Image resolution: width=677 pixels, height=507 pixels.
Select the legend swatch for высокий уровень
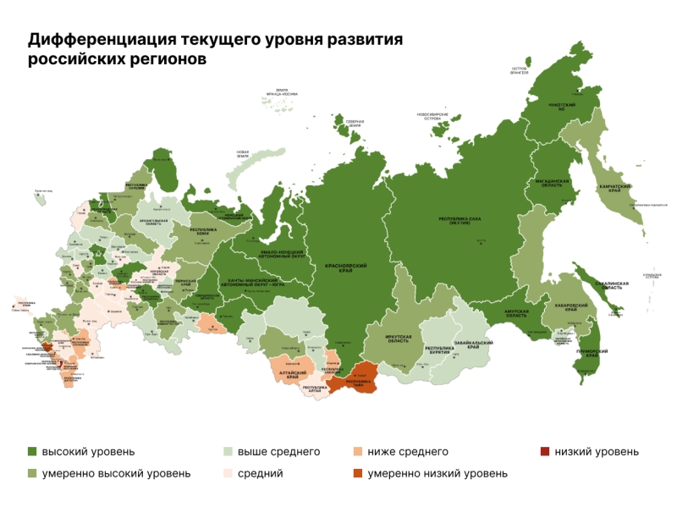pyautogui.click(x=33, y=452)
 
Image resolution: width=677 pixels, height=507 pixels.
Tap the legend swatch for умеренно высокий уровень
pyautogui.click(x=33, y=473)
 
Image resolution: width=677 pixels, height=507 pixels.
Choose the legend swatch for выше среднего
pyautogui.click(x=228, y=452)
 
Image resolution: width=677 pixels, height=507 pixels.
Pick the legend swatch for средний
pyautogui.click(x=228, y=473)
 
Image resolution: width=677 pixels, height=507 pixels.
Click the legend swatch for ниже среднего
pyautogui.click(x=358, y=452)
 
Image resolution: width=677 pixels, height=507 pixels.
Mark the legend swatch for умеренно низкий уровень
pyautogui.click(x=358, y=473)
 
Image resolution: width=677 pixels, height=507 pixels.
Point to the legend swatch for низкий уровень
pyautogui.click(x=544, y=452)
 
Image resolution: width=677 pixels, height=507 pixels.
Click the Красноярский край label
pyautogui.click(x=345, y=267)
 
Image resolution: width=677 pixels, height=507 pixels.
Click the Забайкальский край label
pyautogui.click(x=474, y=346)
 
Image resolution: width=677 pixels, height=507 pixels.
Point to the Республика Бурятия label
pyautogui.click(x=439, y=350)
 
